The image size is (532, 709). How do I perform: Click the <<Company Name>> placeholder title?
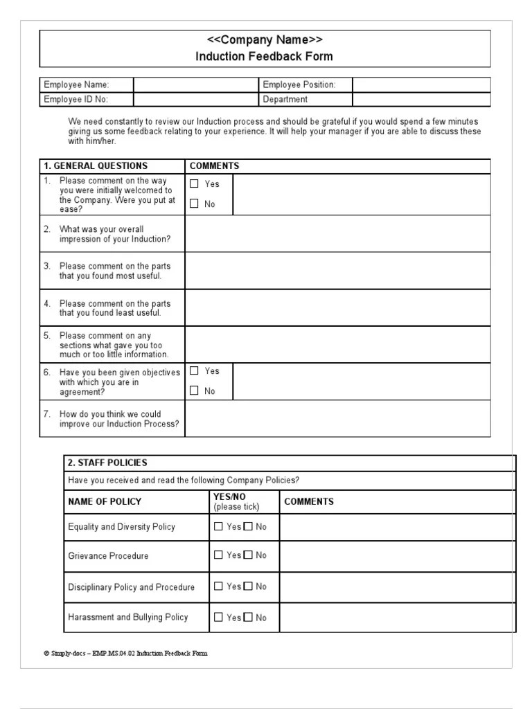tap(265, 39)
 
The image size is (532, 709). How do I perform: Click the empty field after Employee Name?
tap(195, 85)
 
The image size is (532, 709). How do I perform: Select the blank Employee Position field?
tap(421, 85)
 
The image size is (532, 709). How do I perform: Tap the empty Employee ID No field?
tap(195, 99)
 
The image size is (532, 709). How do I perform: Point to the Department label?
tap(285, 99)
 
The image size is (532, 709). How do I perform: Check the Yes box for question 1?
tap(194, 184)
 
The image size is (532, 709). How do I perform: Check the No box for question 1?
tap(194, 204)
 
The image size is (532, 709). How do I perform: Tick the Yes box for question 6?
tap(194, 371)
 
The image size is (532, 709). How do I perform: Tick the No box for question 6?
tap(194, 391)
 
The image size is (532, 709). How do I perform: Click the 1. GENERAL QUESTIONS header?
tap(96, 166)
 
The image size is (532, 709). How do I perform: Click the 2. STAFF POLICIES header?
tap(107, 463)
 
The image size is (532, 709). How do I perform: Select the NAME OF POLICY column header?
tap(105, 502)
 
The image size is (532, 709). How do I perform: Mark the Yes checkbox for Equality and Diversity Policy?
tap(218, 527)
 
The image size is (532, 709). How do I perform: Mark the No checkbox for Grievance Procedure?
tap(248, 555)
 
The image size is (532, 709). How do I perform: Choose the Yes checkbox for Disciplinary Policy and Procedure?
tap(218, 586)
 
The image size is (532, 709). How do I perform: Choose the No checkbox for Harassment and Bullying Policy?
tap(248, 618)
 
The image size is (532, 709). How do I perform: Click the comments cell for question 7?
tap(338, 419)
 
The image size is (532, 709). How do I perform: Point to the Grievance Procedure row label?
tap(108, 556)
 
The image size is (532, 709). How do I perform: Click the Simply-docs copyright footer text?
tap(125, 653)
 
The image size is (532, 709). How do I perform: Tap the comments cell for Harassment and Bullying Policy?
tap(397, 618)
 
